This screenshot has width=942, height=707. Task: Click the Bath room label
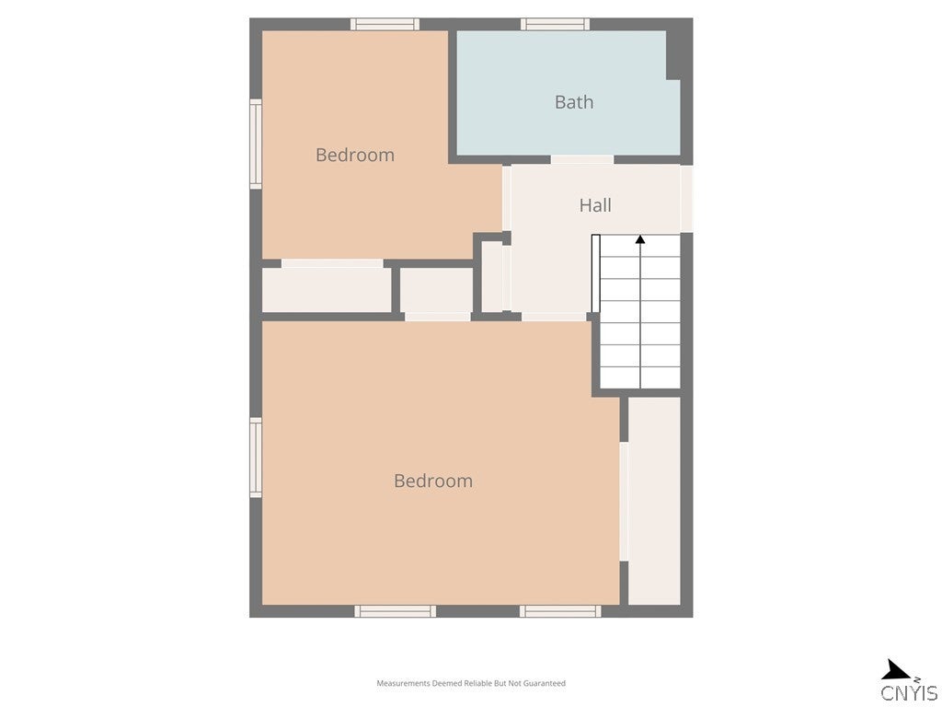573,102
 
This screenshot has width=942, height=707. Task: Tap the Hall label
595,205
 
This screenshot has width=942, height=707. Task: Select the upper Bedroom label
355,155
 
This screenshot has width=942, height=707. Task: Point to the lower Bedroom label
433,481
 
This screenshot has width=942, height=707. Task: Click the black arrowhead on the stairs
640,240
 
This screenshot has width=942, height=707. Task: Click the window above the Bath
555,24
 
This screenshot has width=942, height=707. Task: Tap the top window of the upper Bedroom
385,24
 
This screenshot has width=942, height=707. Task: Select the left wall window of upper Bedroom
256,144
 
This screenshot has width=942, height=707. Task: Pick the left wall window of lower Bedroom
256,458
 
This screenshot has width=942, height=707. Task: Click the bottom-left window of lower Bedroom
395,610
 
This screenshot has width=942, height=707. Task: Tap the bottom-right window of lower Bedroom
559,610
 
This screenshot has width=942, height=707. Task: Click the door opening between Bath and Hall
582,160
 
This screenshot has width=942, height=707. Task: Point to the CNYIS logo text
909,693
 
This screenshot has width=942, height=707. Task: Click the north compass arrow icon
895,670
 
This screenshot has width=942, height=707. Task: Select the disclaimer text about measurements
471,683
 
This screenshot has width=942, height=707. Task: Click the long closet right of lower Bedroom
654,501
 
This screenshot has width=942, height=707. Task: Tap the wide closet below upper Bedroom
327,290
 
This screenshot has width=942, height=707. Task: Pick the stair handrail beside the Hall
595,273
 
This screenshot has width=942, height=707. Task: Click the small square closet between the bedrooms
436,290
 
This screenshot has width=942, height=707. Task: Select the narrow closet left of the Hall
492,276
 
